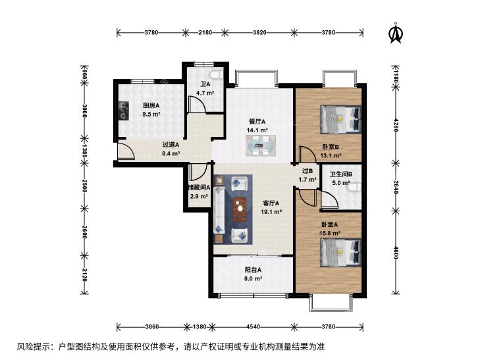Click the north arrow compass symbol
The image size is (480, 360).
pyautogui.click(x=396, y=33)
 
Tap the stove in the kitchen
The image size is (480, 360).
pyautogui.click(x=124, y=111)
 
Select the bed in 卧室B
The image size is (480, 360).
pyautogui.click(x=340, y=119)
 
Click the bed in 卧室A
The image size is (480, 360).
pyautogui.click(x=340, y=253)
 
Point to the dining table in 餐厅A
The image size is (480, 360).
pyautogui.click(x=261, y=145)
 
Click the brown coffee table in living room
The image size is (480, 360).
pyautogui.click(x=240, y=209)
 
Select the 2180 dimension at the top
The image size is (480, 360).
pyautogui.click(x=205, y=32)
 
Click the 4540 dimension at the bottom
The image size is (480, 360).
pyautogui.click(x=253, y=326)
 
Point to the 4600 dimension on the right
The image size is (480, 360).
pyautogui.click(x=396, y=252)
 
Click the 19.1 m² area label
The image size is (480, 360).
pyautogui.click(x=271, y=212)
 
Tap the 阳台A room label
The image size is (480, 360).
pyautogui.click(x=253, y=270)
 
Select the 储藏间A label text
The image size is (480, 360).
pyautogui.click(x=199, y=188)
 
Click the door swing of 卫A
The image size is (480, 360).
pyautogui.click(x=197, y=104)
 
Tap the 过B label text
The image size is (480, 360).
pyautogui.click(x=307, y=171)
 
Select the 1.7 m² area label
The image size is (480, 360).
pyautogui.click(x=307, y=180)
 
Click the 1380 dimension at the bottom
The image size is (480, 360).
pyautogui.click(x=200, y=326)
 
